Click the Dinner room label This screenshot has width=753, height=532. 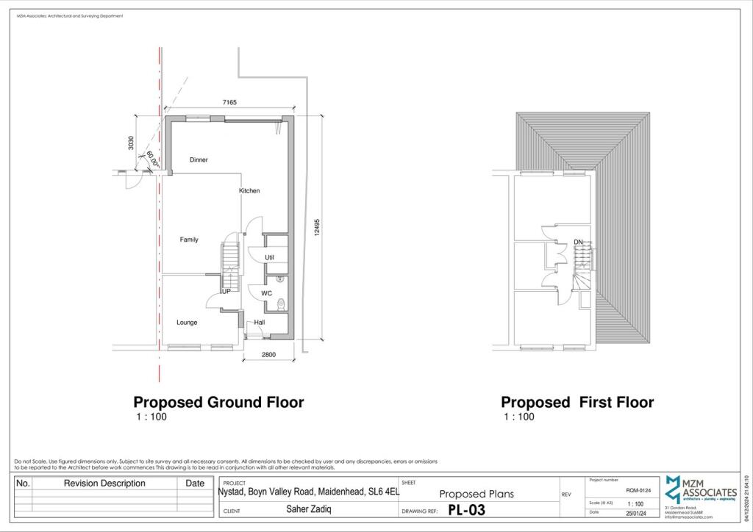(199, 159)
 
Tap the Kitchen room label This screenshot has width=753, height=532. (249, 191)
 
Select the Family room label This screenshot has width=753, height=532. (189, 240)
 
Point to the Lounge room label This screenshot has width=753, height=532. (187, 323)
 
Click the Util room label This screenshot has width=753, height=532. (269, 258)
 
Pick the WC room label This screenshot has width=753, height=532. (266, 293)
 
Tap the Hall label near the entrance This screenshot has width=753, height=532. (260, 323)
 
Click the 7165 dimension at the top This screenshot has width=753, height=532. (229, 103)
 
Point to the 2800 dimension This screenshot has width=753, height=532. (268, 356)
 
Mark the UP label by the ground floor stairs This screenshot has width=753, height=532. (226, 292)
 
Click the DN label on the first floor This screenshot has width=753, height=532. (578, 242)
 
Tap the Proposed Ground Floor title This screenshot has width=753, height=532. (218, 403)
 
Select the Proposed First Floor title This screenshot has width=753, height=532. (577, 403)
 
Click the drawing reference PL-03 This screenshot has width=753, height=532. (466, 510)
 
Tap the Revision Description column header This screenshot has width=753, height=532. (104, 484)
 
